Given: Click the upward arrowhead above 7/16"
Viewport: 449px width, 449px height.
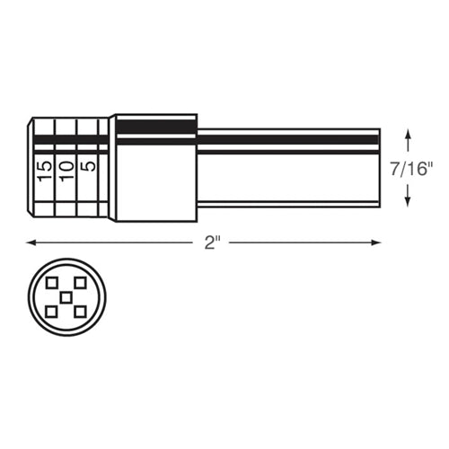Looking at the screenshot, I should (x=409, y=135).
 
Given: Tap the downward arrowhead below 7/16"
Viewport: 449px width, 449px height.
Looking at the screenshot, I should (x=409, y=200).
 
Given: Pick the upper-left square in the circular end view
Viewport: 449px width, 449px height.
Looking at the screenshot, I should (x=54, y=283).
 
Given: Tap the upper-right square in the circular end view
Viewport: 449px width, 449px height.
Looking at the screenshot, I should (x=81, y=283).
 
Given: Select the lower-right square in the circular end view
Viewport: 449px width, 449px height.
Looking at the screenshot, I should (x=81, y=312).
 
